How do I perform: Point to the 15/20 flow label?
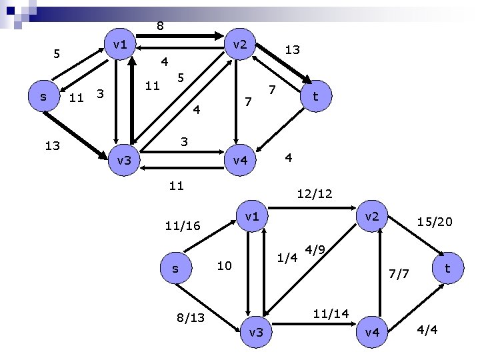coord(434,221)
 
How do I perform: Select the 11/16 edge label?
coord(182,227)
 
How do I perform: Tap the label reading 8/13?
coord(191,317)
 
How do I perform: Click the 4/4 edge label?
coord(427,330)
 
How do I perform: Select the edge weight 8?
coord(160,26)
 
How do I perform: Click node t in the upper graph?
coord(315,97)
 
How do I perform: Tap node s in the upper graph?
coord(43,97)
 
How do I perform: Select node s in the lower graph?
coord(175,268)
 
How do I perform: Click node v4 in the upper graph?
coord(237,161)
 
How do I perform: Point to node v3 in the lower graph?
coord(255,331)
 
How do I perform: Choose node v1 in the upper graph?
coord(121,45)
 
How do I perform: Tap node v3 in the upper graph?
coord(124,161)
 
